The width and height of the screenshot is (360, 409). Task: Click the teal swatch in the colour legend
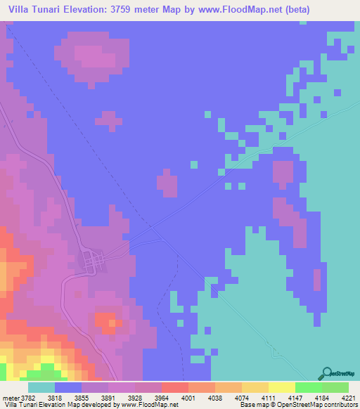point(41,387)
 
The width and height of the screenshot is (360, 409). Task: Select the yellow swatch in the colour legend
point(281,387)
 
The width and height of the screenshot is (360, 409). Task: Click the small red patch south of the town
point(107,323)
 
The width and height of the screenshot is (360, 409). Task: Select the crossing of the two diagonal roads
point(153,230)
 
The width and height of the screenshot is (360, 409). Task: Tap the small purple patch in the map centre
point(167,184)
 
